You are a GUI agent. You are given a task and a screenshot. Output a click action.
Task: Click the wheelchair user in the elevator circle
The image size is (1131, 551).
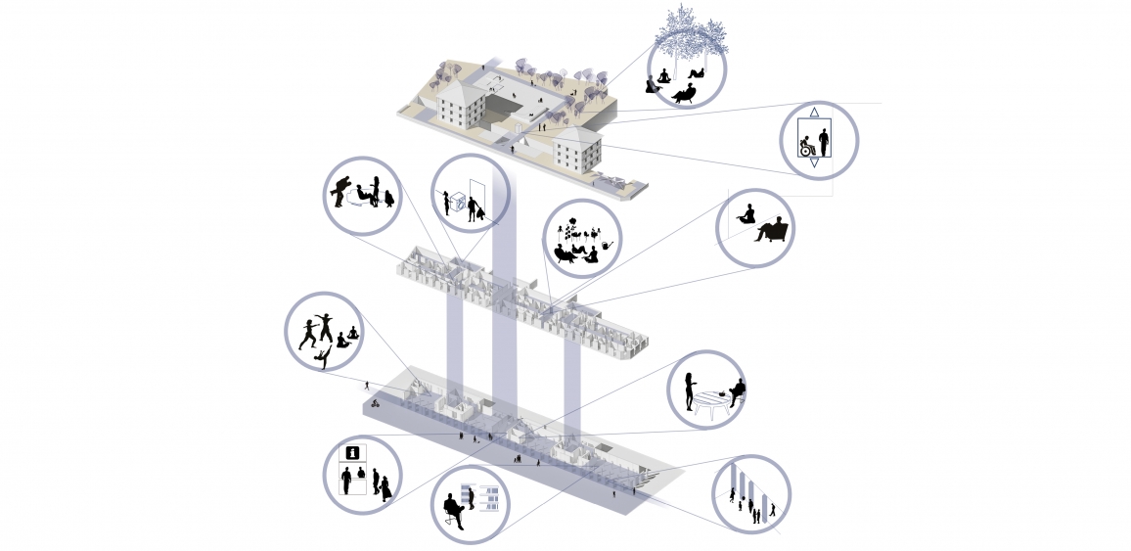(808, 148)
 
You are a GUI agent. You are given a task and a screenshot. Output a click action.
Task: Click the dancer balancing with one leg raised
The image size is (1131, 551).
(322, 358)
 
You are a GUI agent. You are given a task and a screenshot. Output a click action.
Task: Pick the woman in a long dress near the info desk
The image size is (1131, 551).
(385, 486)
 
